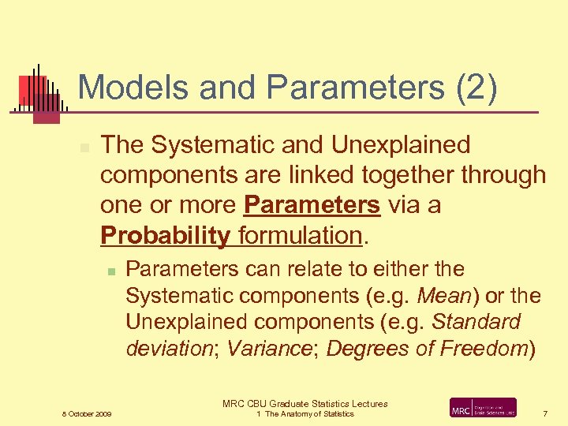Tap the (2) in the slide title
(475, 88)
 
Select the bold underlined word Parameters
(312, 205)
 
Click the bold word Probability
(165, 235)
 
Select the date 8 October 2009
(87, 414)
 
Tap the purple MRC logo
(483, 408)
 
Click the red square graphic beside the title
(34, 91)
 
